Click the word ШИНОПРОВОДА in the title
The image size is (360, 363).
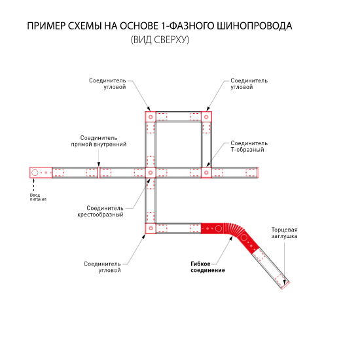pos(254,26)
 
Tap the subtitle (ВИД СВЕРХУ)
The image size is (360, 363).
pos(160,40)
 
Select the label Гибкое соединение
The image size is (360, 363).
pos(207,267)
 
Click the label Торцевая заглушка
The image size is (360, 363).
pos(284,233)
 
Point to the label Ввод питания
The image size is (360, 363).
pos(38,198)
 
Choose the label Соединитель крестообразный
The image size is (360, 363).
pos(100,211)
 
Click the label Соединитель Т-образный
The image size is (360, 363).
pos(249,147)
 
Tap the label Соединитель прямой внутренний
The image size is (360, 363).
pos(99,141)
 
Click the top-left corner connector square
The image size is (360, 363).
pos(151,117)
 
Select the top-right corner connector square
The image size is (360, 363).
pos(206,117)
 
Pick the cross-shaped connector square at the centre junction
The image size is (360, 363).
pos(151,173)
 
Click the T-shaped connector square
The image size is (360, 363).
pos(206,173)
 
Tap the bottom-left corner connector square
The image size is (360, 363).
pos(151,228)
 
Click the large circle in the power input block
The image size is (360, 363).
pos(35,173)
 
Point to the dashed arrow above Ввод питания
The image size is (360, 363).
pos(34,184)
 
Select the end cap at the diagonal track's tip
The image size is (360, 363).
pos(285,286)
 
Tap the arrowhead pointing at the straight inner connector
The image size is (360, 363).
pos(99,164)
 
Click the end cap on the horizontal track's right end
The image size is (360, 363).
pos(258,173)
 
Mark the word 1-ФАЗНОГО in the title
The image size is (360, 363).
pos(187,26)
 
